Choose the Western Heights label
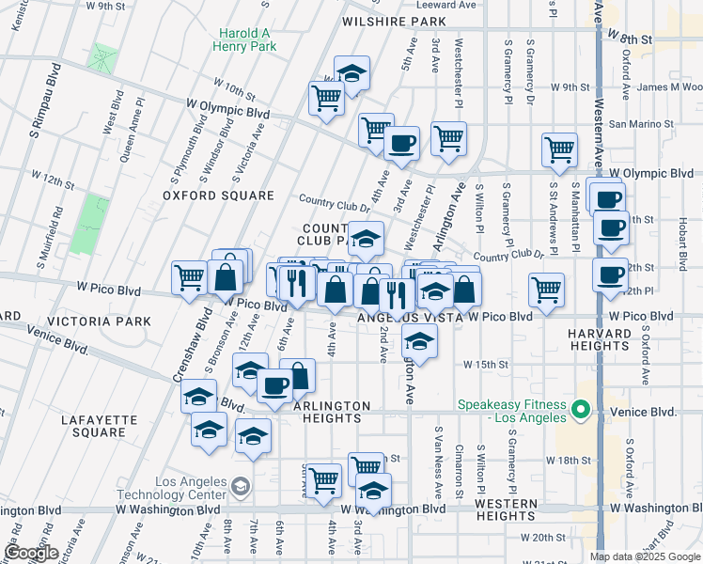[505, 509]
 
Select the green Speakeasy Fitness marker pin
[580, 408]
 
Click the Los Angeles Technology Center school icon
[242, 486]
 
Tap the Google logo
[31, 553]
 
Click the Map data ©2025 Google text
[645, 556]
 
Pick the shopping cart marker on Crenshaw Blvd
[188, 277]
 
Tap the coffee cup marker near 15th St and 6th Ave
[274, 384]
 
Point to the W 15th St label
[485, 364]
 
